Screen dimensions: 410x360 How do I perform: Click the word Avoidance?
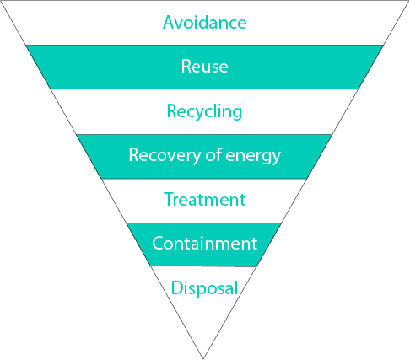tap(205, 22)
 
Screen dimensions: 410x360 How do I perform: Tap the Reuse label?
tap(204, 67)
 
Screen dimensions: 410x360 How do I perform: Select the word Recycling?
tap(204, 111)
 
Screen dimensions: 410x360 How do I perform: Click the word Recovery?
tap(165, 155)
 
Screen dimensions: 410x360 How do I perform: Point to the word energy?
tap(253, 156)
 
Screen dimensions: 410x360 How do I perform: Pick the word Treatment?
tap(204, 200)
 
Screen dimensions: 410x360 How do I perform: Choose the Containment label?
tap(204, 244)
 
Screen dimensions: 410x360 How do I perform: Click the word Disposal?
tap(204, 288)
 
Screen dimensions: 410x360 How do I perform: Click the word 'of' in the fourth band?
tap(213, 154)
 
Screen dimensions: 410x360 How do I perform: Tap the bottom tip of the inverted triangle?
tap(203, 358)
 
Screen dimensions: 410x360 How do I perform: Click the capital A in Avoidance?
tap(168, 22)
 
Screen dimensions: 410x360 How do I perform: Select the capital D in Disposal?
tap(177, 287)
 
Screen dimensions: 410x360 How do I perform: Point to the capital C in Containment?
tap(158, 243)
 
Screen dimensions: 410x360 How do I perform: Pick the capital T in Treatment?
tap(169, 199)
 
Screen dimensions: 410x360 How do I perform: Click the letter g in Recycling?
tap(237, 113)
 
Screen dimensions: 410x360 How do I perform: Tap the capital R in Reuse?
tap(186, 67)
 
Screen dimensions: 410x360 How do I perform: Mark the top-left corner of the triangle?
tap(1, 1)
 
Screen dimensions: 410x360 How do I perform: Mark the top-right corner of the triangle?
tap(409, 1)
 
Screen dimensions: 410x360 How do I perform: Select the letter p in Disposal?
tap(201, 290)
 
